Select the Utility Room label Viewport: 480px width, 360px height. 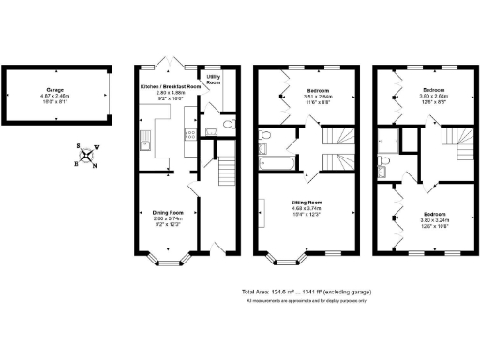(214, 81)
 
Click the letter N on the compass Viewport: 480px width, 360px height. (96, 166)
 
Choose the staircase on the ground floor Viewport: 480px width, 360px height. (224, 172)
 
